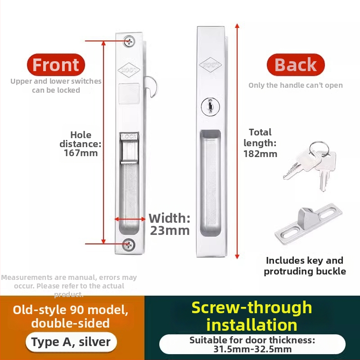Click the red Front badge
[x=56, y=65]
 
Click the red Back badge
[x=296, y=65]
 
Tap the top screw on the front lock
[x=129, y=41]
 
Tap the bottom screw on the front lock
[x=128, y=245]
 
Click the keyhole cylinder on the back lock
[x=210, y=107]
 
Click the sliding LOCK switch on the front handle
[x=130, y=148]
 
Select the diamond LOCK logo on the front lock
[x=129, y=70]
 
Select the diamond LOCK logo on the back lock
[x=210, y=65]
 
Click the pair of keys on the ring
[x=310, y=165]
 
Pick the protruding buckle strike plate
[x=308, y=224]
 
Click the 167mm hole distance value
[x=81, y=153]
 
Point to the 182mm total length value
[x=261, y=153]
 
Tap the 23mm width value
[x=170, y=230]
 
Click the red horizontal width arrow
[x=130, y=219]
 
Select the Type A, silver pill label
[x=71, y=342]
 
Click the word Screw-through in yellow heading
[x=252, y=307]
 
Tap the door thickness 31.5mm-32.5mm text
[x=252, y=349]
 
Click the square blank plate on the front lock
[x=129, y=94]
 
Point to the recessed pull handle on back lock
[x=210, y=183]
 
